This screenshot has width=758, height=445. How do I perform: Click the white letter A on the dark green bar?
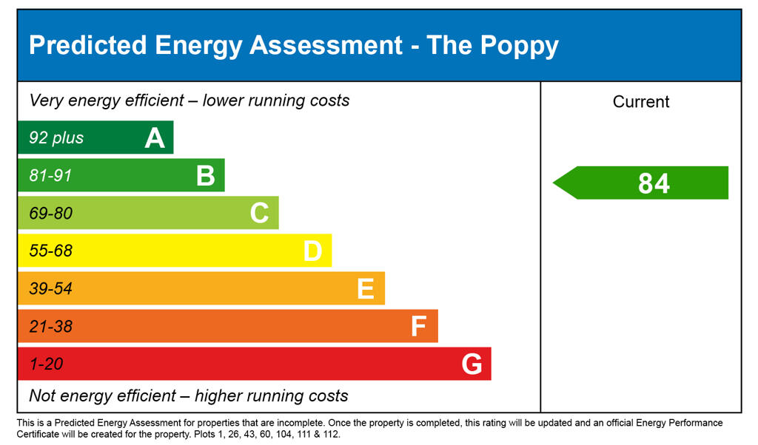pos(155,138)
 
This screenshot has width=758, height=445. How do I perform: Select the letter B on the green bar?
pos(206,176)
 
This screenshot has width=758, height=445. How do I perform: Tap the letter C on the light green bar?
pos(259,214)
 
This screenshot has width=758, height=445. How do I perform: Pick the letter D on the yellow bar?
pos(312,251)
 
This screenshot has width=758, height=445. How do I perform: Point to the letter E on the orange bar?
pos(366,289)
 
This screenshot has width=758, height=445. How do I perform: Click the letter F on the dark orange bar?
pos(419,327)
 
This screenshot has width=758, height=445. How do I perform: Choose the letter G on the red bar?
pos(472,364)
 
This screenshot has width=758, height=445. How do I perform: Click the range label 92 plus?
pos(56,138)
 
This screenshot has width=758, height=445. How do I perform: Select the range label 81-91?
pos(50,176)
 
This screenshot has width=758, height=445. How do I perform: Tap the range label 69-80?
pos(50,214)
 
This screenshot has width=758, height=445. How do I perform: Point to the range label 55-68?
pos(50,251)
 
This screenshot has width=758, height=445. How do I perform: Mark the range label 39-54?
pos(50,289)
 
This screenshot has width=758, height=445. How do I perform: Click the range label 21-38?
pos(50,327)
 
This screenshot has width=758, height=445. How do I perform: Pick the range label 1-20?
pos(46,364)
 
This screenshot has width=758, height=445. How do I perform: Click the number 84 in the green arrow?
pos(654,183)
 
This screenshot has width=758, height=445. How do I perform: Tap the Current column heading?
pos(641,102)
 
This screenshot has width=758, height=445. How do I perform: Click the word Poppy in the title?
pos(519,46)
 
